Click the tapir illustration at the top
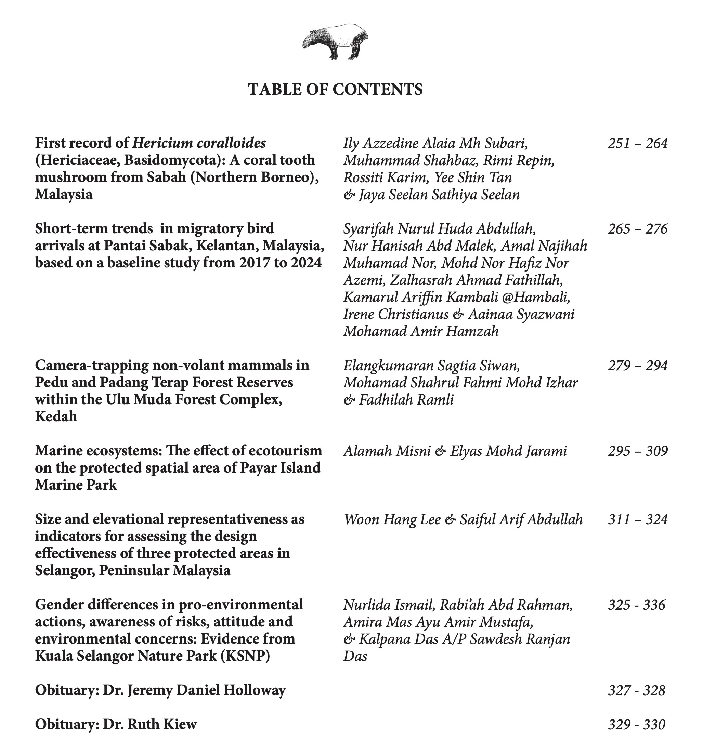(x=335, y=41)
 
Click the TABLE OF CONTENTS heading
(x=335, y=89)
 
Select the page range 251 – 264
(x=637, y=144)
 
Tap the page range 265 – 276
(x=637, y=229)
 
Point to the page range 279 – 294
(x=637, y=366)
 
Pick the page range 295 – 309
(x=637, y=451)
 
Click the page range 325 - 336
(x=636, y=605)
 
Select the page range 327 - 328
(x=636, y=690)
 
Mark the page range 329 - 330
(x=636, y=725)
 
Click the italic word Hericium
(x=162, y=143)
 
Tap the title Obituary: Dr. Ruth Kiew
(x=116, y=724)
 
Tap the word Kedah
(x=56, y=417)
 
